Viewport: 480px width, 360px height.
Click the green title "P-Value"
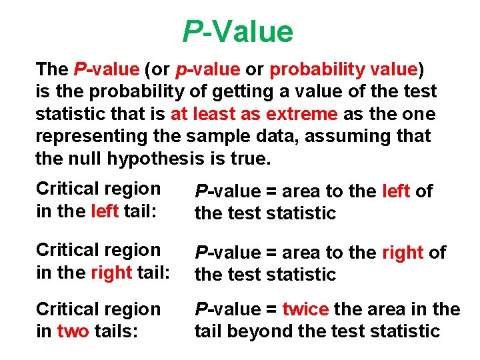[238, 31]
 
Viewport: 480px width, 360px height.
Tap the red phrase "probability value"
[343, 69]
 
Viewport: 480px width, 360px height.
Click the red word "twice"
[305, 309]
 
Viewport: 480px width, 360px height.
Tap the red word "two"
[73, 331]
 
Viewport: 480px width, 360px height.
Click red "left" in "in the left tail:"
[106, 211]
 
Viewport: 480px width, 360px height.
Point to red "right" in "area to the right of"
[403, 253]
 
